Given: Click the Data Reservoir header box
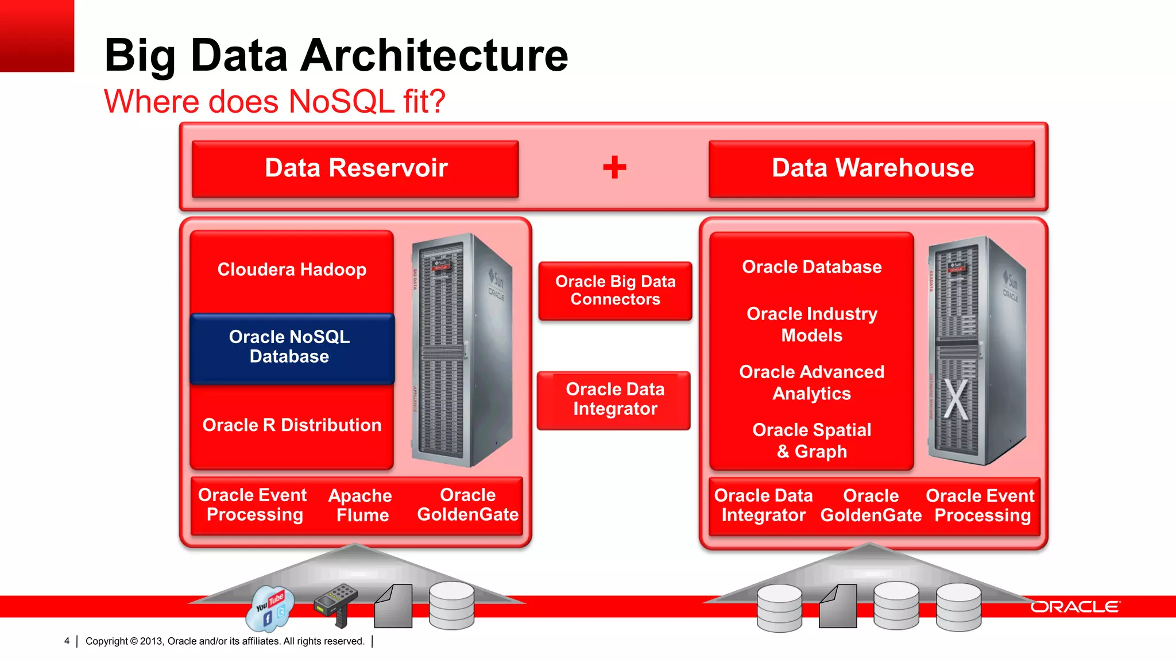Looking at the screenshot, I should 355,168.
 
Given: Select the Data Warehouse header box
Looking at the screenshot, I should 872,168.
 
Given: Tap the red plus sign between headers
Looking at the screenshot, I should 614,167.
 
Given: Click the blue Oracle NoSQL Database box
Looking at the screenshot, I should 292,347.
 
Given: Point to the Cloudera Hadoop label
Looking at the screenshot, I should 292,270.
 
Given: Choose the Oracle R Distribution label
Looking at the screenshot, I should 292,425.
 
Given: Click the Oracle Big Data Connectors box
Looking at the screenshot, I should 615,290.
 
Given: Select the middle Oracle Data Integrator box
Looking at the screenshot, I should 614,399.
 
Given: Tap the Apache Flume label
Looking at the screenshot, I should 361,505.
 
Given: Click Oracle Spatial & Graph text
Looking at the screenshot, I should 811,440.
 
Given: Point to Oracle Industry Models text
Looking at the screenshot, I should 811,324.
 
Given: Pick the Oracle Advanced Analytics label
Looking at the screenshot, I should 811,382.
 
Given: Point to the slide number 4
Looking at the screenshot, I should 67,641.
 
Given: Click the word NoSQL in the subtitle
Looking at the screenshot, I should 341,102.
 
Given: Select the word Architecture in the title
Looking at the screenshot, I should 434,56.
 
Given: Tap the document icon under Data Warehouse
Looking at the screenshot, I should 838,606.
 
